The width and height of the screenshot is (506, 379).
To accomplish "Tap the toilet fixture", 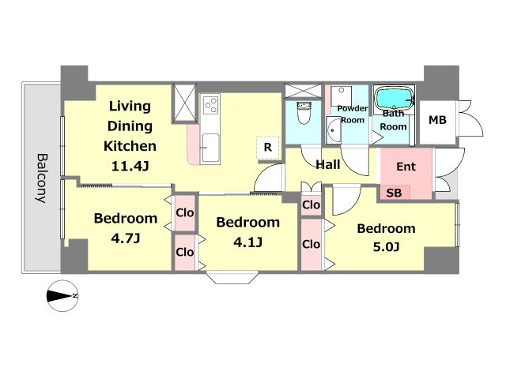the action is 304,113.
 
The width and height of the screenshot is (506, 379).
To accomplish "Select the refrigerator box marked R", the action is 267,148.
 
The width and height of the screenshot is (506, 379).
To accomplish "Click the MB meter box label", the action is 437,120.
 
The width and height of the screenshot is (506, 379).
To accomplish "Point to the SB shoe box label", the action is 394,193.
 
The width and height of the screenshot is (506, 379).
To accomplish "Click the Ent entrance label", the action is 406,167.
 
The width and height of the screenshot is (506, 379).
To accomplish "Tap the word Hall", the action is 328,164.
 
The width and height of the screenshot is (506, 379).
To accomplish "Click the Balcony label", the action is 41,178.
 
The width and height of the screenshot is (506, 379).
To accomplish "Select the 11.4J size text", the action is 130,167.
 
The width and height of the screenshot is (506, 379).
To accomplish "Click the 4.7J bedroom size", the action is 126,238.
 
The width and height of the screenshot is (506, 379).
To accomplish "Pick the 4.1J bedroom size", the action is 247,242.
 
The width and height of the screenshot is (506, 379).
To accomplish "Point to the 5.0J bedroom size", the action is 387,247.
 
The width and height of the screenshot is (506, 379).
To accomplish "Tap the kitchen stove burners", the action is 211,105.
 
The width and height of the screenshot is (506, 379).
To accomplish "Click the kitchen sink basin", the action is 210,148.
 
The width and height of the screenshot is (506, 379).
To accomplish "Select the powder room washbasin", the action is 333,130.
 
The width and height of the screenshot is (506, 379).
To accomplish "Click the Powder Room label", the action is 353,114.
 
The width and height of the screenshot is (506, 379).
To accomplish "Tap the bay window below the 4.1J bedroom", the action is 232,278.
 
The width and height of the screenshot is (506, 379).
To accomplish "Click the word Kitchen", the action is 130,146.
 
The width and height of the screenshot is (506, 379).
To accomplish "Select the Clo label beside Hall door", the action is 311,205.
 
